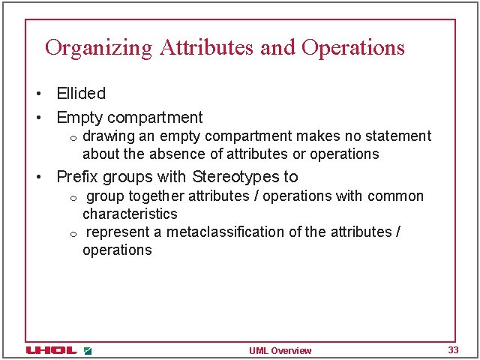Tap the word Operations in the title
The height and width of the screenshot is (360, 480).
pyautogui.click(x=353, y=48)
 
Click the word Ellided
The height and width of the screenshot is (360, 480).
pyautogui.click(x=81, y=94)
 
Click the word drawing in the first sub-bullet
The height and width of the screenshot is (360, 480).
pyautogui.click(x=105, y=136)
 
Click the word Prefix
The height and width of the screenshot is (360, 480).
pyautogui.click(x=77, y=177)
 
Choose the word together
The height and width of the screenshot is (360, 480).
pyautogui.click(x=156, y=196)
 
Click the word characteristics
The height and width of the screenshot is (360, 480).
pyautogui.click(x=130, y=214)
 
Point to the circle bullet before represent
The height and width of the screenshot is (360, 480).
pyautogui.click(x=73, y=234)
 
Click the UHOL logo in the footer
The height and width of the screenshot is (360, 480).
pyautogui.click(x=52, y=350)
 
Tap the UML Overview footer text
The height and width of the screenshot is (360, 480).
pyautogui.click(x=280, y=351)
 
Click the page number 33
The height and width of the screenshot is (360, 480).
pyautogui.click(x=453, y=350)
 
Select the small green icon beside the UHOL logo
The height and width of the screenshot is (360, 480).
pyautogui.click(x=88, y=350)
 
